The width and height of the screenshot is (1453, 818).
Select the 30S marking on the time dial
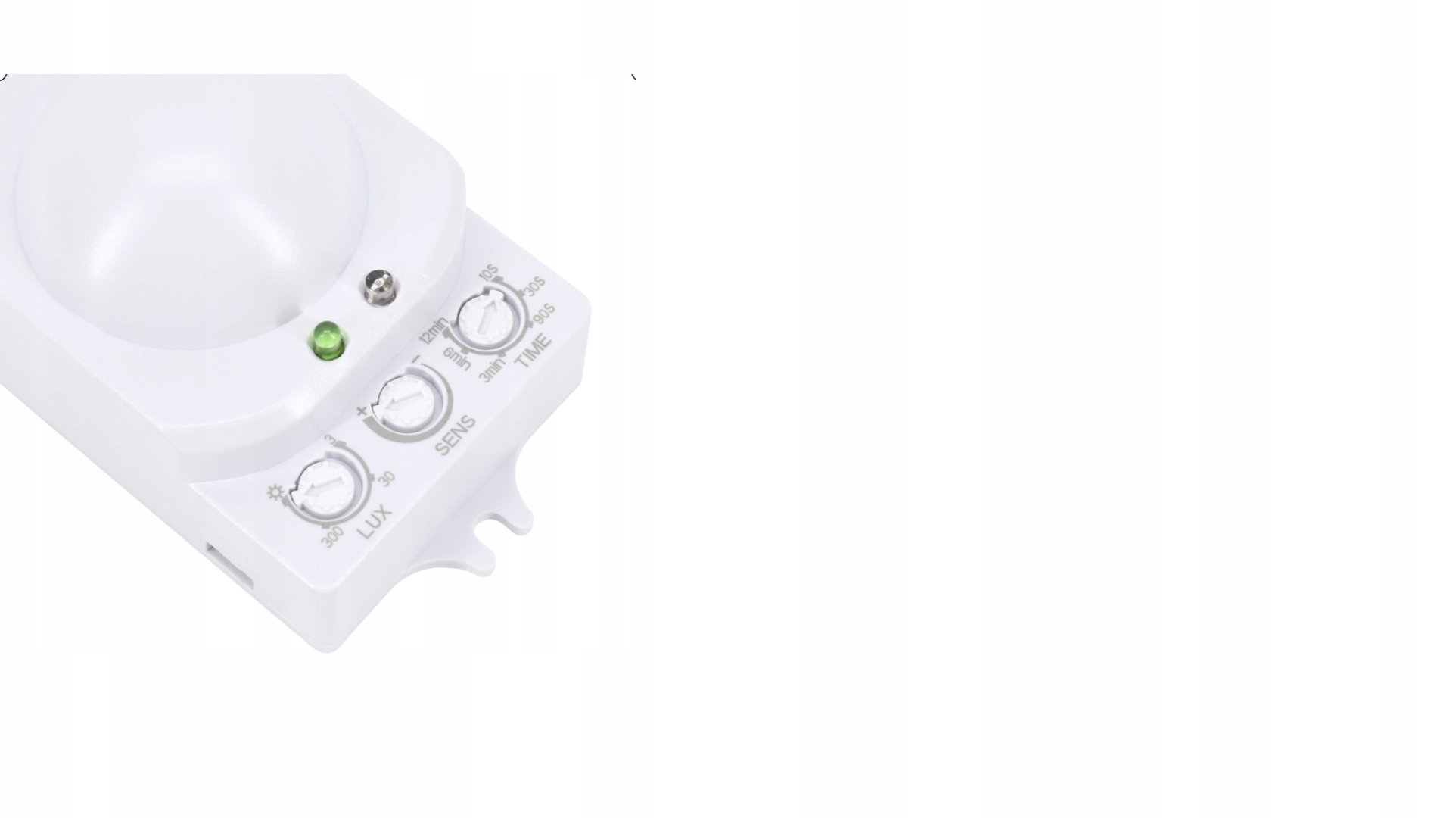click(535, 288)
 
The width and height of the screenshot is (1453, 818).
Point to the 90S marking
click(544, 314)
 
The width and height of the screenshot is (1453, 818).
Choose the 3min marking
click(492, 370)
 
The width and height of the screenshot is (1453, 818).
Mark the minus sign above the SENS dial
click(415, 358)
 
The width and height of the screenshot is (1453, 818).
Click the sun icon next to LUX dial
click(275, 495)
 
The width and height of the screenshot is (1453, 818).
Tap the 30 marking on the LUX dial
click(386, 479)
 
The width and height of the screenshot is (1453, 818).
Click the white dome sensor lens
click(189, 212)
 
